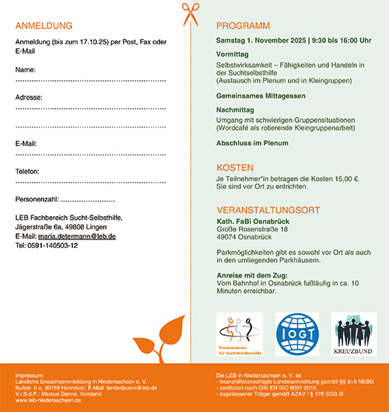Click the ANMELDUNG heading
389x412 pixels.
[46, 25]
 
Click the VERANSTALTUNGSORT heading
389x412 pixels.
[268, 209]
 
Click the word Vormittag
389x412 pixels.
[233, 54]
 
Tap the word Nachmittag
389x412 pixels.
[236, 110]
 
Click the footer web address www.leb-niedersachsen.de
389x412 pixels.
[48, 400]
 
